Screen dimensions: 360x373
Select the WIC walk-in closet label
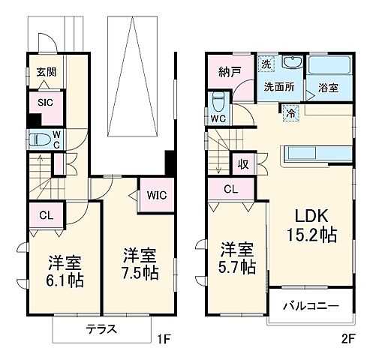157,195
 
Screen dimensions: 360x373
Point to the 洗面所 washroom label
278,86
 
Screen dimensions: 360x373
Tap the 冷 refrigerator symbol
291,114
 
